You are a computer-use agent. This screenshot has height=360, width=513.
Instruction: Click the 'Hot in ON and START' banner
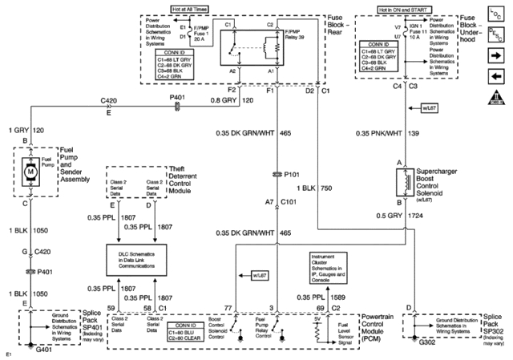[x=398, y=10]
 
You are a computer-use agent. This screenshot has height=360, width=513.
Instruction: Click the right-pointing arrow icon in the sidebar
[x=494, y=55]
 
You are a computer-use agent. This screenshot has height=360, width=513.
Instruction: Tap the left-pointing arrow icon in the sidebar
[x=494, y=78]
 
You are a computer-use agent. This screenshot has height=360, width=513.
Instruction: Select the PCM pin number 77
[x=227, y=308]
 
